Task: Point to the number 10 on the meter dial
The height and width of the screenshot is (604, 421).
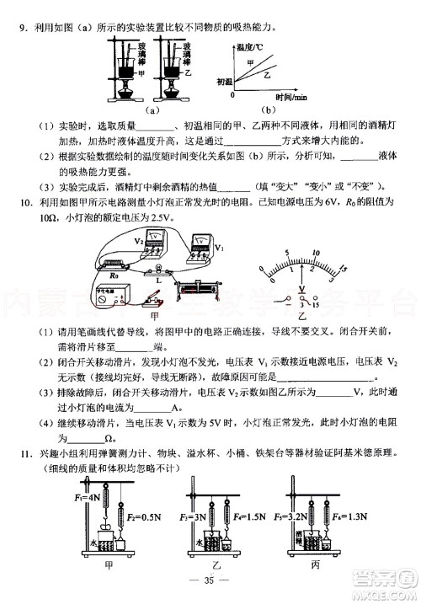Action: click(316, 253)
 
